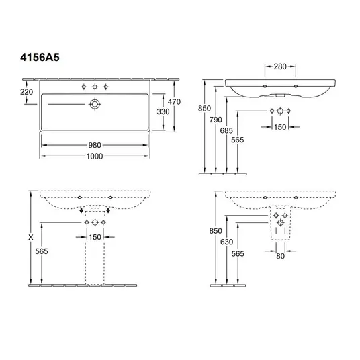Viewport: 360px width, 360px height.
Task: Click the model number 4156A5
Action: click(x=40, y=57)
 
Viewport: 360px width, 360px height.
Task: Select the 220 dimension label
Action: click(x=26, y=92)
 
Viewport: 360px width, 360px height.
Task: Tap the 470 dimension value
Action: click(x=174, y=101)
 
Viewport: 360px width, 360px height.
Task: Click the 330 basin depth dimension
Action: click(x=163, y=111)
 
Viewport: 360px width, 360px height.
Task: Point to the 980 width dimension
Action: click(x=95, y=145)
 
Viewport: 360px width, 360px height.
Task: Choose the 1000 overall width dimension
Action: click(x=95, y=156)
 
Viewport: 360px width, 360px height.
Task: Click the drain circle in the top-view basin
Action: click(x=95, y=104)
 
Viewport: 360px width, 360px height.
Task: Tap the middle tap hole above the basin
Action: click(x=95, y=87)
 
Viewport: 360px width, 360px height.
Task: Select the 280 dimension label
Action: click(x=280, y=66)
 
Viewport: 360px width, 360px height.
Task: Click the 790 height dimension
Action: click(x=216, y=120)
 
